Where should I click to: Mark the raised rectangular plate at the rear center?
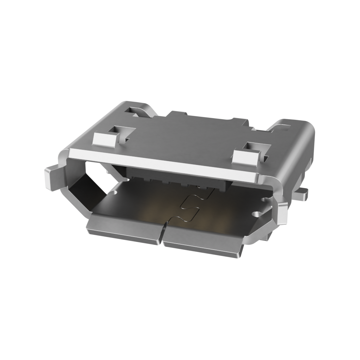207,121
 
